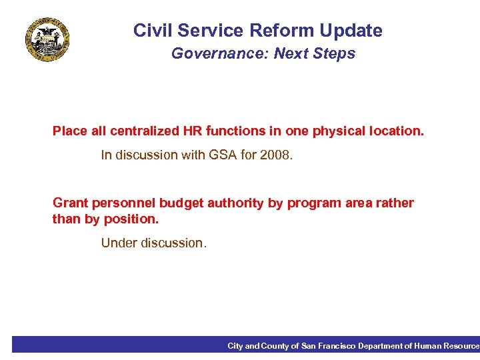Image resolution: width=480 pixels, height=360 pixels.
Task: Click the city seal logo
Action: [x=47, y=40]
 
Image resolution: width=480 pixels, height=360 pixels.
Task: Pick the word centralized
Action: [x=137, y=131]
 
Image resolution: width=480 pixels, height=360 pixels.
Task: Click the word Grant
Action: [x=69, y=203]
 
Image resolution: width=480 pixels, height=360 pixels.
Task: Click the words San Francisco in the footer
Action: [x=328, y=345]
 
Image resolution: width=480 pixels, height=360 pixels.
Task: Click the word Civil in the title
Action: [x=150, y=31]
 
